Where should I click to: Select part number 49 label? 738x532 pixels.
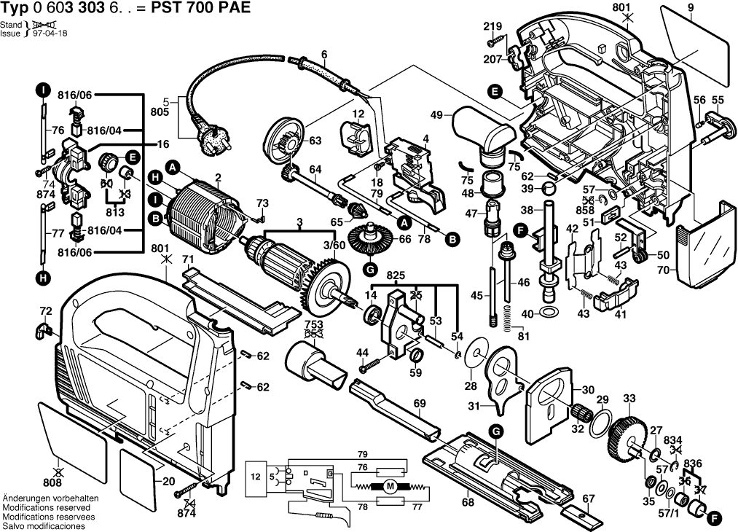(436, 114)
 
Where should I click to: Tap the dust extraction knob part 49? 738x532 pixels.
(484, 131)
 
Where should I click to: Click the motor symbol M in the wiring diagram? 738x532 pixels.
(389, 487)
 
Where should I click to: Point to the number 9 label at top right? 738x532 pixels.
(690, 9)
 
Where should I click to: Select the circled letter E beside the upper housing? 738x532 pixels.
(495, 92)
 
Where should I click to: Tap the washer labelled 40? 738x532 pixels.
(551, 313)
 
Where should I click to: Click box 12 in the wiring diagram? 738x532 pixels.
(256, 477)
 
